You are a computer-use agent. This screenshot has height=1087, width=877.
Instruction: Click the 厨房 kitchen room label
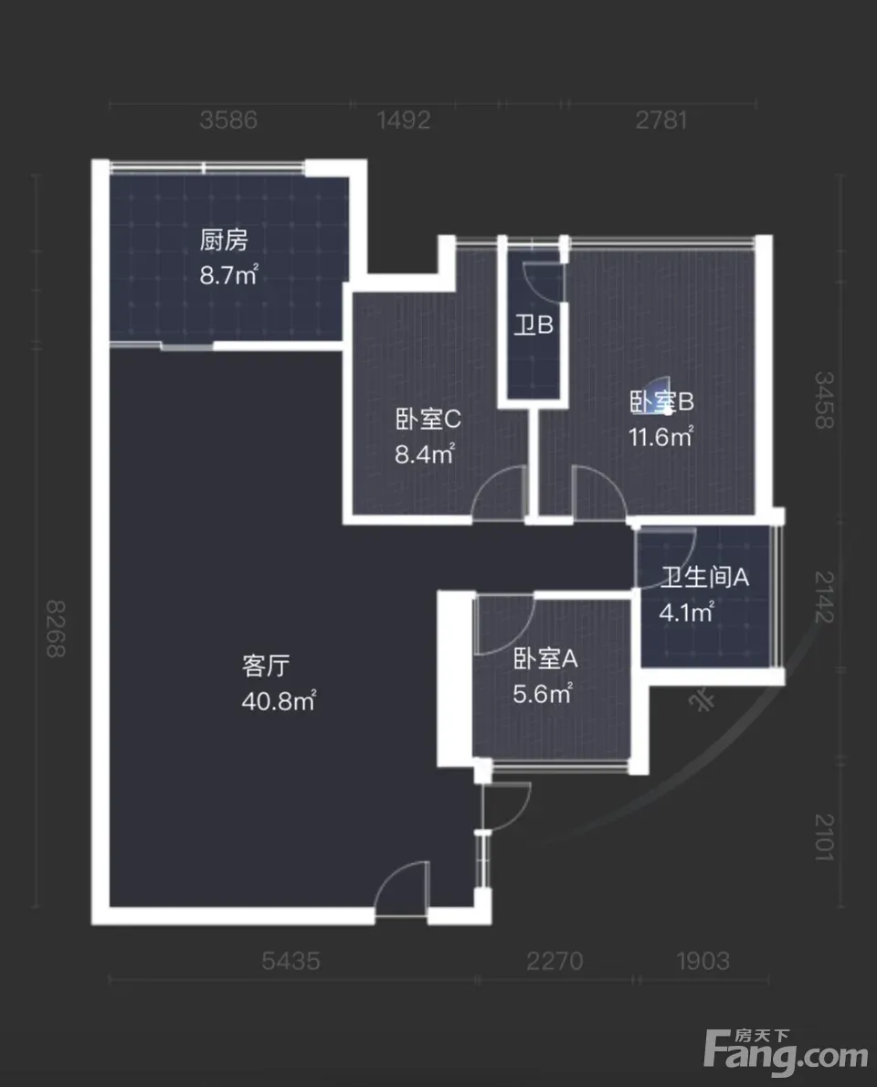tap(224, 240)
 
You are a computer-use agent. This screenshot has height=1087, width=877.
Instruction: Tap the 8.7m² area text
tap(228, 274)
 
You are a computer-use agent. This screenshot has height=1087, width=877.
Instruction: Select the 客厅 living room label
tap(265, 666)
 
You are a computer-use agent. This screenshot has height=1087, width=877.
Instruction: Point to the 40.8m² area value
tap(279, 701)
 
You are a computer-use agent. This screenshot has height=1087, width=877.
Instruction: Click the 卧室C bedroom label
tap(428, 419)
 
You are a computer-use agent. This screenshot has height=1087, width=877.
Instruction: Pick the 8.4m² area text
tap(425, 454)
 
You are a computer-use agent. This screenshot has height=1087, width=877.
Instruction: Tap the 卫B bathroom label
tap(533, 325)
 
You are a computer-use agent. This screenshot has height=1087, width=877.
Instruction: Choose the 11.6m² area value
tap(660, 437)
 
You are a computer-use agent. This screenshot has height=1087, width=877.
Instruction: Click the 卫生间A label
tap(704, 577)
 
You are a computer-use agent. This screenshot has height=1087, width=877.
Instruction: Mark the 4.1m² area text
tap(686, 613)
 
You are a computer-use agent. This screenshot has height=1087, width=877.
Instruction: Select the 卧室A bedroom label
tap(545, 658)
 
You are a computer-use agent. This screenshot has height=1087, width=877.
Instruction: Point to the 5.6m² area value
tap(543, 693)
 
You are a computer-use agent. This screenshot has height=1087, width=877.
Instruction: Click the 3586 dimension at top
tap(227, 120)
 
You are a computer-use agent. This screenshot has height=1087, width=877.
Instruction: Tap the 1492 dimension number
tap(404, 120)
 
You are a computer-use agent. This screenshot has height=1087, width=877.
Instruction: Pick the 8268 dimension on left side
tap(56, 628)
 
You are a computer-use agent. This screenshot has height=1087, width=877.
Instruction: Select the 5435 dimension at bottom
tap(291, 961)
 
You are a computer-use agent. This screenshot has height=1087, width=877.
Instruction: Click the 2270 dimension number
tap(555, 961)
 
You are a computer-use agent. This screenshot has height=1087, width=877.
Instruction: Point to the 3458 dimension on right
tap(824, 400)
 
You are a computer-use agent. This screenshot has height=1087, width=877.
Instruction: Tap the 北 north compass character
tap(702, 701)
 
